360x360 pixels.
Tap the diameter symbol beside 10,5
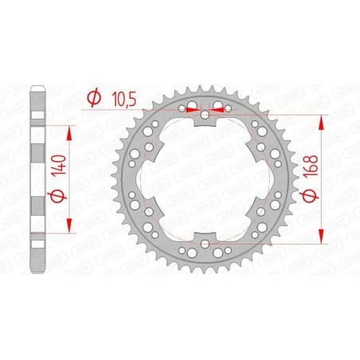93,99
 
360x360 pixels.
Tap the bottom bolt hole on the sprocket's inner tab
205,242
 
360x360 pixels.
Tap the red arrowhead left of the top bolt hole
193,112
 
